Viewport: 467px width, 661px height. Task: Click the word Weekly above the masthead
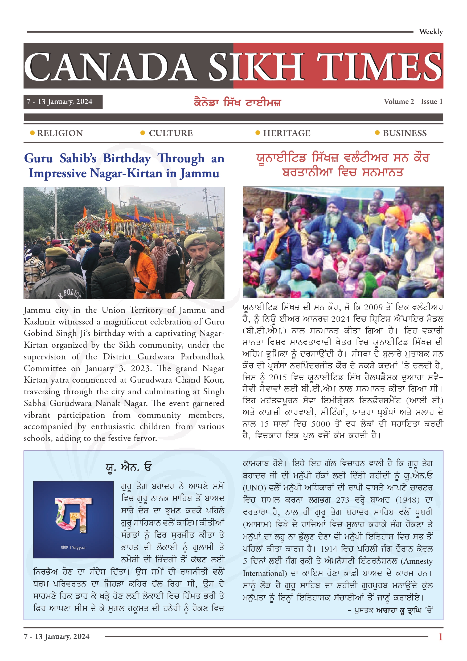tap(431, 32)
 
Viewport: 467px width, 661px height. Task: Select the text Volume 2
tap(399, 101)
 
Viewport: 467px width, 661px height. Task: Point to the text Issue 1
tap(431, 101)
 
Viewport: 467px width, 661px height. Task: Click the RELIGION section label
tap(60, 133)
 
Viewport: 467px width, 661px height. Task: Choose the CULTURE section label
tap(171, 133)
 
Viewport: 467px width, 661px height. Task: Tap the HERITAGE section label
tap(286, 133)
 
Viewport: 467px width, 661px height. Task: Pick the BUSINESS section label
tap(404, 133)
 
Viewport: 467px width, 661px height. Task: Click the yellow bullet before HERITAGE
tap(258, 133)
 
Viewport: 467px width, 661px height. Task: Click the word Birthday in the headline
tap(127, 158)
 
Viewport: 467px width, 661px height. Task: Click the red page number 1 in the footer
tap(440, 636)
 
